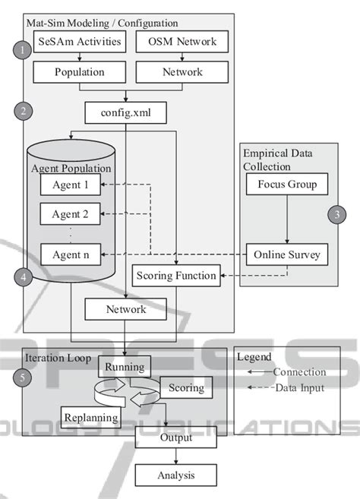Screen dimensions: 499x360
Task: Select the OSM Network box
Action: pos(180,42)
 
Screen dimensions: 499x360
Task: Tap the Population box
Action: pos(79,72)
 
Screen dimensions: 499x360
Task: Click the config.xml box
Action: pos(125,112)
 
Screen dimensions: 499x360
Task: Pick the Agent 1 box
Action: pos(70,185)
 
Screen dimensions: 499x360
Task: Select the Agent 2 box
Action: pos(70,215)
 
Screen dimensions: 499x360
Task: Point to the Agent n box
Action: pos(70,254)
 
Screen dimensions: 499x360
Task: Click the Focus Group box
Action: pos(287,185)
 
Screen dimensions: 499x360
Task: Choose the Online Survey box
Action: pos(287,254)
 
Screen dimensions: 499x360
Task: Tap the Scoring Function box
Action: pos(176,275)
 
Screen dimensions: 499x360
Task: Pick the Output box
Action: pos(175,437)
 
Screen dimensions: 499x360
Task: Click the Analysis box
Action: pos(175,475)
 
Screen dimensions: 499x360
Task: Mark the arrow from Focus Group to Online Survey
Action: pos(287,219)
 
